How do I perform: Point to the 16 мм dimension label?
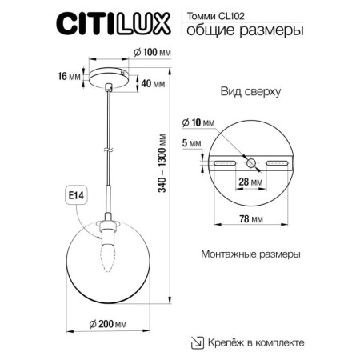[70, 77]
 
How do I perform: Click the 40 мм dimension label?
[153, 82]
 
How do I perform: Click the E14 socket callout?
[71, 194]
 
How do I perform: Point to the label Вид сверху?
[250, 92]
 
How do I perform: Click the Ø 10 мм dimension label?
[198, 122]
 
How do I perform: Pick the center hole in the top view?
[252, 162]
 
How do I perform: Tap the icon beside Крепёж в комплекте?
[194, 342]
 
